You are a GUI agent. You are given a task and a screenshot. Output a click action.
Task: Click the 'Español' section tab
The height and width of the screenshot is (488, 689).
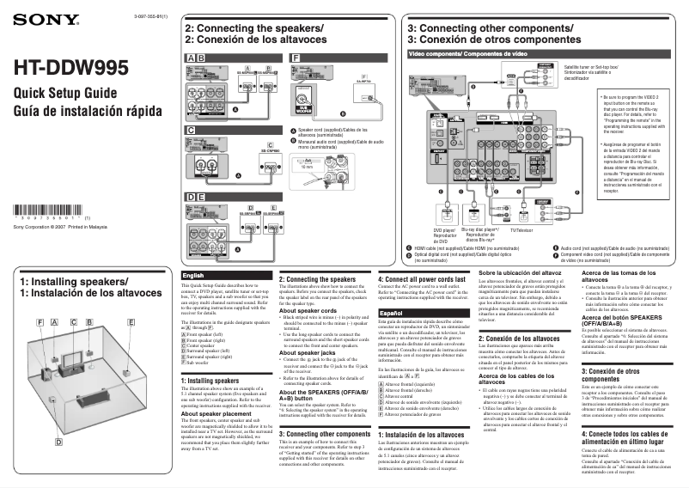(393, 313)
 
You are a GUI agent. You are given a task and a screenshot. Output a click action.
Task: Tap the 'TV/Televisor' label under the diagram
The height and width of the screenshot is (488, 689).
(521, 230)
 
